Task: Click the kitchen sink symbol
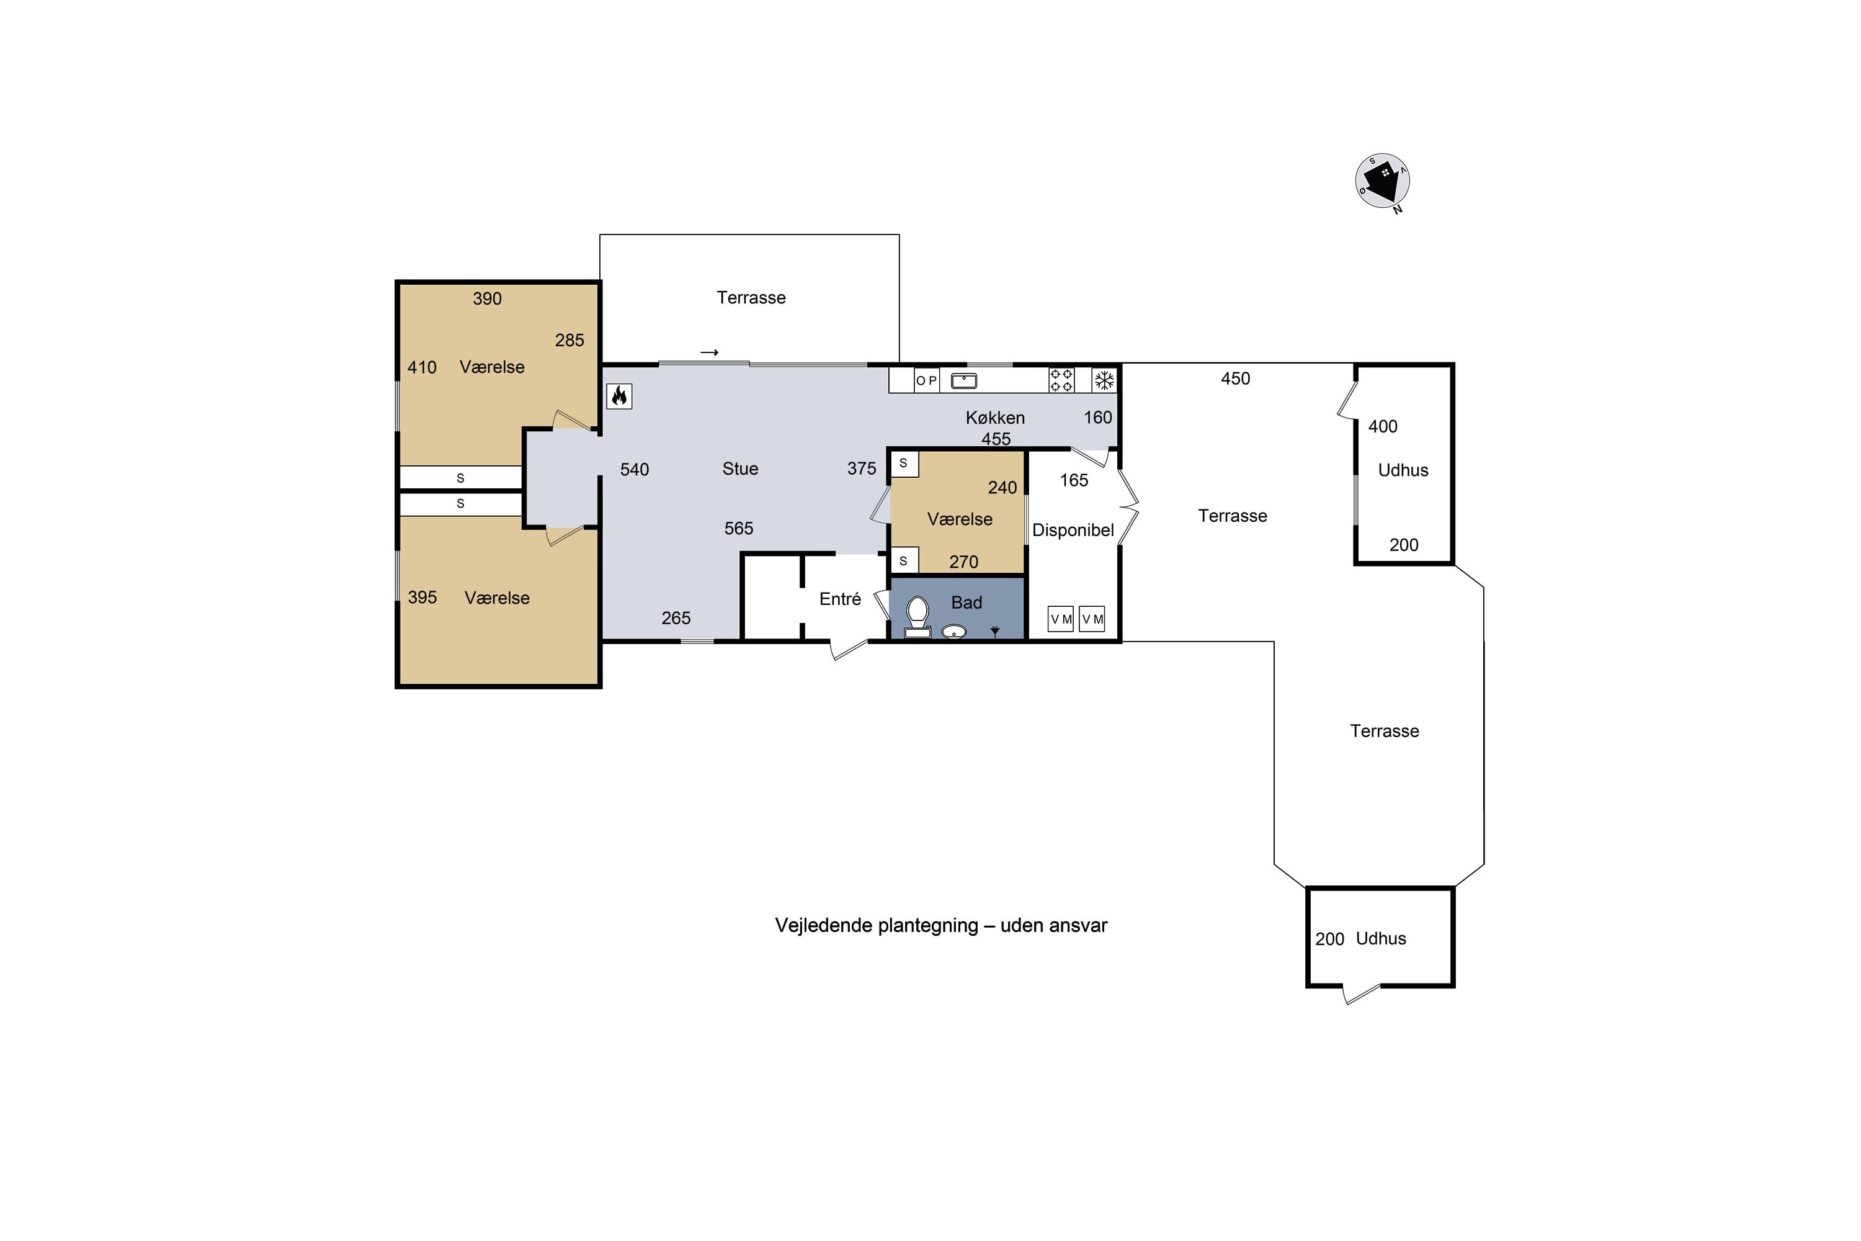[x=964, y=382]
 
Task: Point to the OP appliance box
[x=927, y=381]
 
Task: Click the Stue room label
[x=740, y=468]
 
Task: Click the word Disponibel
[x=1073, y=531]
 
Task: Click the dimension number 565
[x=738, y=528]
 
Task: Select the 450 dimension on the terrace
[x=1235, y=379]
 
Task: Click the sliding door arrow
[x=709, y=352]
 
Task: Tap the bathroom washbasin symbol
[x=953, y=632]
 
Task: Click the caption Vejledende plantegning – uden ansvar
[x=941, y=925]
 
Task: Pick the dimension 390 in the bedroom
[x=488, y=298]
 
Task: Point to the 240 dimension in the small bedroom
[x=1002, y=488]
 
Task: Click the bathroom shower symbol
[x=996, y=631]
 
